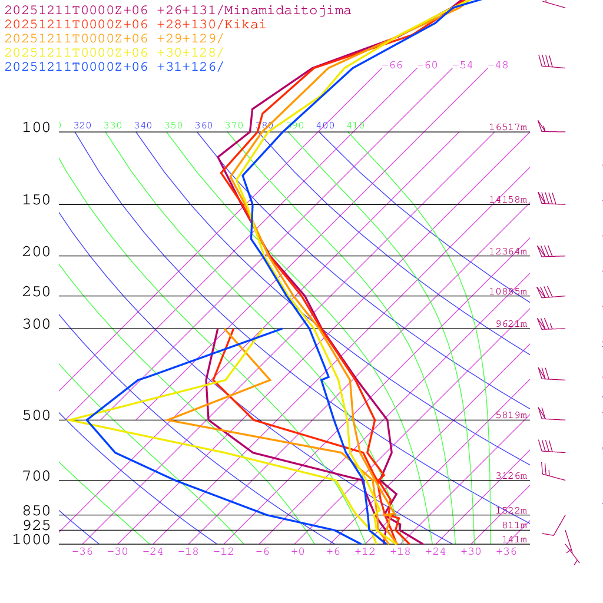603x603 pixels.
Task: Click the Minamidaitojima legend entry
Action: [x=178, y=11]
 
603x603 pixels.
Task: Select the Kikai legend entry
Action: [x=135, y=25]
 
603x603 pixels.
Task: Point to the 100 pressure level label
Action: [x=37, y=128]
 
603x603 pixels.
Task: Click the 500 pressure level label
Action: [x=37, y=416]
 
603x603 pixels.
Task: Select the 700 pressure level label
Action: [x=37, y=476]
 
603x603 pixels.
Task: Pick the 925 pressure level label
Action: [x=37, y=525]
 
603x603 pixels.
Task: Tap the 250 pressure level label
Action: [x=37, y=292]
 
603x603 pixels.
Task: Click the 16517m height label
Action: [x=508, y=127]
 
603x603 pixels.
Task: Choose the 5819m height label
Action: [x=511, y=415]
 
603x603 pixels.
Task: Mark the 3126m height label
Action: [x=511, y=476]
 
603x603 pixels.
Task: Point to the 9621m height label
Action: [x=511, y=324]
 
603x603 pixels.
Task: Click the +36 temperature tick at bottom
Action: [x=506, y=552]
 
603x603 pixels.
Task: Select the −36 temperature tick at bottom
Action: [x=82, y=552]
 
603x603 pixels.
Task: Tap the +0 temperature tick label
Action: [x=298, y=552]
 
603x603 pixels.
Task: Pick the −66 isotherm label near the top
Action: [x=392, y=65]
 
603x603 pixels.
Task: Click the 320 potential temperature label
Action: [x=82, y=125]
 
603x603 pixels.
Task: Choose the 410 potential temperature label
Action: [x=356, y=125]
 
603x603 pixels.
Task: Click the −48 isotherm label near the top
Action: [x=498, y=65]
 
